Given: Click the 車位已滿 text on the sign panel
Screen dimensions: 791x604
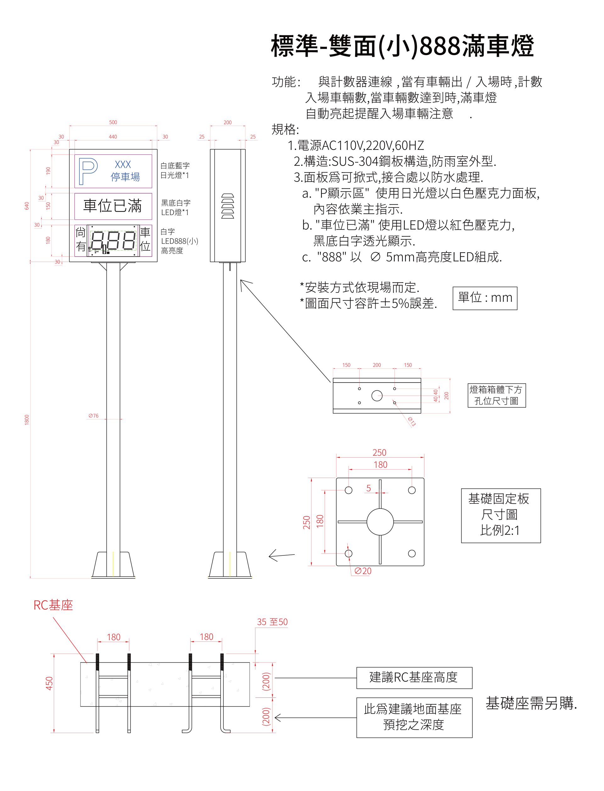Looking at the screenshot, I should tap(113, 206).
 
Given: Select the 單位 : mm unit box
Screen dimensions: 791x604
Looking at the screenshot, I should tap(485, 298).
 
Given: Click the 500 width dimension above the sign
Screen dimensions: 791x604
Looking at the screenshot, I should tap(113, 122).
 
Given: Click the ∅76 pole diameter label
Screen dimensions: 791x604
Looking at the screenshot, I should tap(93, 416).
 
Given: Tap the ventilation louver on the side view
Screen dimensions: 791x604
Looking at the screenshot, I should tap(227, 206).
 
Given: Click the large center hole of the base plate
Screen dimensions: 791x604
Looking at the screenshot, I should tap(380, 521).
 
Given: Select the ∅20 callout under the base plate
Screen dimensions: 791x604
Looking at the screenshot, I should tap(363, 571).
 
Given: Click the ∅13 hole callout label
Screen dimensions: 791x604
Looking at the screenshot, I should tap(412, 421).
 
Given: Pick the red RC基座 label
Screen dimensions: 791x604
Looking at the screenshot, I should tap(53, 605).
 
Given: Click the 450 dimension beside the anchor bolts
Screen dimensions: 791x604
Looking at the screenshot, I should tap(49, 683).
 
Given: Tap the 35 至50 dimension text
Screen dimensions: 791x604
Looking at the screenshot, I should tap(272, 622).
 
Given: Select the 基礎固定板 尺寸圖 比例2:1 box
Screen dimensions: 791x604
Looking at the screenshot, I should tap(501, 515).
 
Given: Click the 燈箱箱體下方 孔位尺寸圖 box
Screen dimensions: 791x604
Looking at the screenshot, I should tap(496, 395).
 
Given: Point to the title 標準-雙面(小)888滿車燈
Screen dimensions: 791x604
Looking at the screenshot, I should tap(402, 46).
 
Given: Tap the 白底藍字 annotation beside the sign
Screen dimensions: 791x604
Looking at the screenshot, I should tap(175, 166).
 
